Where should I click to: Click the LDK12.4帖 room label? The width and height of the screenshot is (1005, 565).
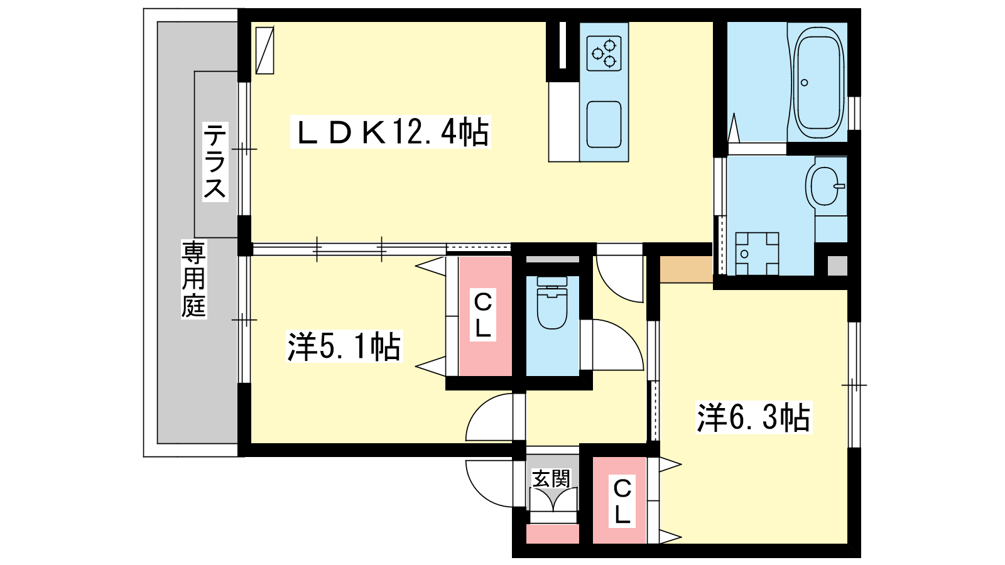pos(391,132)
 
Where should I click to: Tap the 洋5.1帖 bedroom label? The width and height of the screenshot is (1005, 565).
pos(344,346)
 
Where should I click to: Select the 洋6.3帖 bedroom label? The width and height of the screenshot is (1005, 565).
pos(754,417)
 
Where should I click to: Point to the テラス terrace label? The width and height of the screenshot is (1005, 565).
pos(215,161)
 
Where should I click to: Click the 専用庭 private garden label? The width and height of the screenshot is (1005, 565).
pos(194,279)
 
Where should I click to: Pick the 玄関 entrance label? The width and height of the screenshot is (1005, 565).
pos(551,479)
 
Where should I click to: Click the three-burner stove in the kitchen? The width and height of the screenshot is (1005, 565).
pos(604,53)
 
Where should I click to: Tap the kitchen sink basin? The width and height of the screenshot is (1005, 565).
pos(604,125)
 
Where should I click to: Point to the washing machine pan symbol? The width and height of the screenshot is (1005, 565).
pos(757,254)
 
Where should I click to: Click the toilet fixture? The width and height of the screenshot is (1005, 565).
pos(552,303)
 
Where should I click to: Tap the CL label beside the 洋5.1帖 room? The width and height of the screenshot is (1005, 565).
pos(483,315)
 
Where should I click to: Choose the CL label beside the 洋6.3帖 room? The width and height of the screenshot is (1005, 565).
pos(622,501)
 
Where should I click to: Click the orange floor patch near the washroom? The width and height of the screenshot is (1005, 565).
pos(686,269)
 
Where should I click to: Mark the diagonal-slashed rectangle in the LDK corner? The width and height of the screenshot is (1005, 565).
pos(264,50)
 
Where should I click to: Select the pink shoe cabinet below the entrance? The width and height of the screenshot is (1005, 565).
pos(552,534)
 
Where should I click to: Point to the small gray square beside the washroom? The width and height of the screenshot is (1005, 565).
pos(837,266)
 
